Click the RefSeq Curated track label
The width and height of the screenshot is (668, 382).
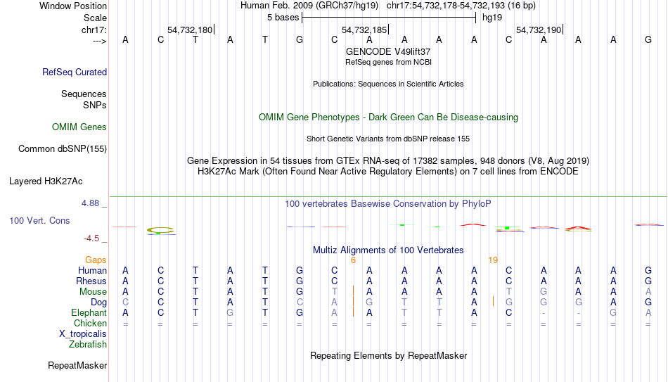(75, 72)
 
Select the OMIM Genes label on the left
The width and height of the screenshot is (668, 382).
(79, 127)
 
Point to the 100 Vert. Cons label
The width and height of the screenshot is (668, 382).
(39, 221)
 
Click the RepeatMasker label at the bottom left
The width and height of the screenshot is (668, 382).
(77, 366)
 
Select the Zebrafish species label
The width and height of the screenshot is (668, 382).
(88, 345)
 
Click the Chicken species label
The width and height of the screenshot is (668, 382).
(90, 324)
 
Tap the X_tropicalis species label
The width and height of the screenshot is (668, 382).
(83, 334)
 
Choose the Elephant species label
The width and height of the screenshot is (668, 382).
(89, 313)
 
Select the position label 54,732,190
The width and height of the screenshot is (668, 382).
(539, 30)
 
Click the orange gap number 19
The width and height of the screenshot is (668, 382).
(493, 260)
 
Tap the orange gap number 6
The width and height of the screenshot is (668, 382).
(353, 260)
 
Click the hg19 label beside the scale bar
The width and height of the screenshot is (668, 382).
(492, 18)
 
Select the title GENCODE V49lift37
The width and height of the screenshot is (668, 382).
(388, 52)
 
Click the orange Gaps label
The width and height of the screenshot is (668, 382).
(96, 260)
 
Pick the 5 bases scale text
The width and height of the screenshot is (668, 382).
(283, 18)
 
